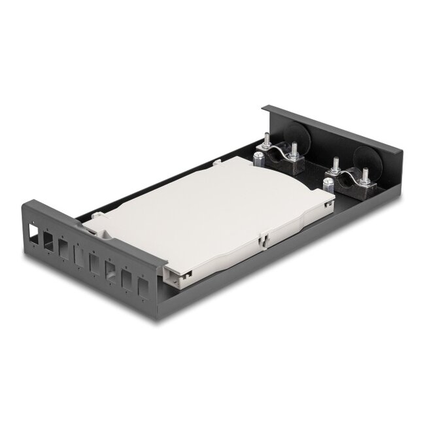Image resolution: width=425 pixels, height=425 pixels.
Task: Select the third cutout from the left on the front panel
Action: click(x=63, y=246)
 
